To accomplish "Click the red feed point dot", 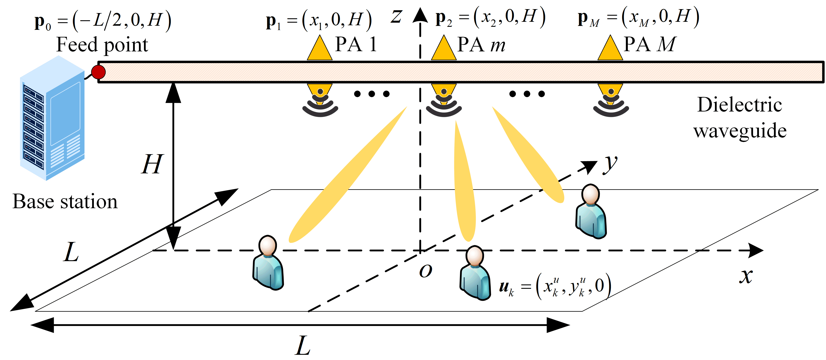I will (98, 72).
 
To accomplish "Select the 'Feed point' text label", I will (102, 45).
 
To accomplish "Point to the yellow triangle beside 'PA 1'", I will (319, 49).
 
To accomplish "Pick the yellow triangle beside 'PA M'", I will (610, 49).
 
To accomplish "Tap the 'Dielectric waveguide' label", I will (740, 117).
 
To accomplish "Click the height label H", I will (152, 164).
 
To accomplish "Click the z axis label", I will (396, 17).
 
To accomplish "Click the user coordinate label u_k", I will (555, 286).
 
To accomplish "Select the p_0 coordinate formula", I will (103, 21).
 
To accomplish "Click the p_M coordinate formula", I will (638, 18).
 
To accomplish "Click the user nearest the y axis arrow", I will (591, 211).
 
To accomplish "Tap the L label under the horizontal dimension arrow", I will (303, 346).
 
